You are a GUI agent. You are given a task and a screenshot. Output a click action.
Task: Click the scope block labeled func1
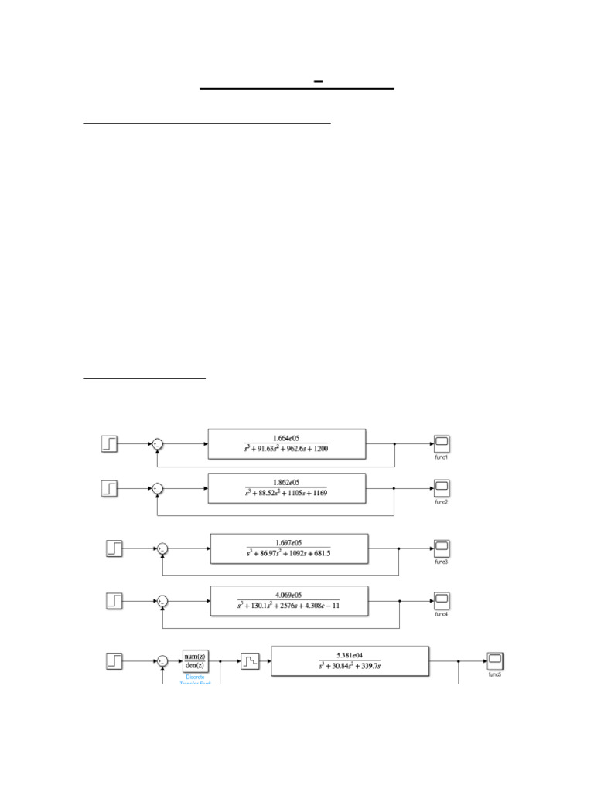point(442,444)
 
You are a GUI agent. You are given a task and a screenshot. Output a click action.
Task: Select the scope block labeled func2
point(442,487)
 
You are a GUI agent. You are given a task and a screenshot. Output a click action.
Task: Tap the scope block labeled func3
point(442,549)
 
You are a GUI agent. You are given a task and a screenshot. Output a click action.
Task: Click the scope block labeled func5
point(495,661)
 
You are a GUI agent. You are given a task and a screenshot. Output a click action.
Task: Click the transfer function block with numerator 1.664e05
point(287,444)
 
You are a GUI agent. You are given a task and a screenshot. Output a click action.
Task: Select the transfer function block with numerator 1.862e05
point(287,488)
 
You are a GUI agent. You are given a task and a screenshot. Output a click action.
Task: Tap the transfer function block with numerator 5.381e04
point(350,661)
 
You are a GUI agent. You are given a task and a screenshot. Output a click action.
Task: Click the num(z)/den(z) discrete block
point(196,661)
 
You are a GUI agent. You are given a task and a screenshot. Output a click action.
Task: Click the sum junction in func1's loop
point(157,444)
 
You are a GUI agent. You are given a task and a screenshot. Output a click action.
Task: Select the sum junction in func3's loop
point(162,549)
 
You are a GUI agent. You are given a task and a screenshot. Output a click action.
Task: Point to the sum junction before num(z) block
point(162,661)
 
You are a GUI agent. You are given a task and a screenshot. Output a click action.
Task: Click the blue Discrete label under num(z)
point(196,677)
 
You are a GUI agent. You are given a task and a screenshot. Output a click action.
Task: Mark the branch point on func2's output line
point(395,488)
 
